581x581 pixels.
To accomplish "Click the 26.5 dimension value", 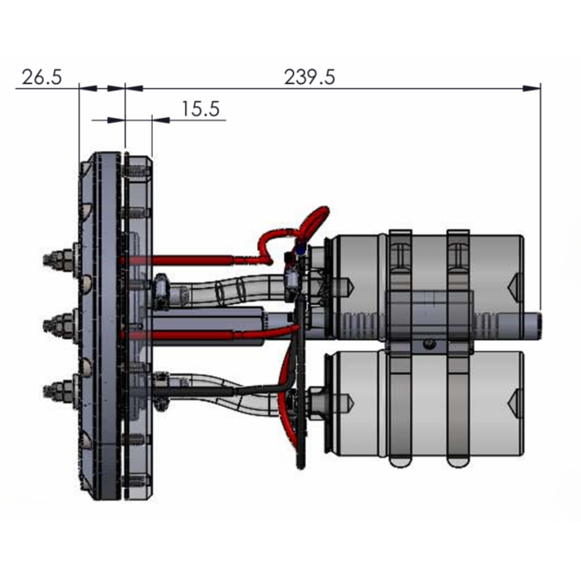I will tap(41, 77).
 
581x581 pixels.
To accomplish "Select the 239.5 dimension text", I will tap(309, 77).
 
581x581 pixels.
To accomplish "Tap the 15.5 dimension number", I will tap(200, 109).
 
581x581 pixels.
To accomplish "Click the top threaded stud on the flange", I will tap(56, 259).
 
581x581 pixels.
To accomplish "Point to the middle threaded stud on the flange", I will tap(56, 320).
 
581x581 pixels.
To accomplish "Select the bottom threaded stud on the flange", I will tap(56, 387).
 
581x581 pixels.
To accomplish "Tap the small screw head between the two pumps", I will tap(428, 343).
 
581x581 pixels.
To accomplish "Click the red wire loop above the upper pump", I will tap(311, 222).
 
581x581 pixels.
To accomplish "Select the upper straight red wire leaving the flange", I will tap(191, 259).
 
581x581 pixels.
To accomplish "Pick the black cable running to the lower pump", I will tap(249, 389).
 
